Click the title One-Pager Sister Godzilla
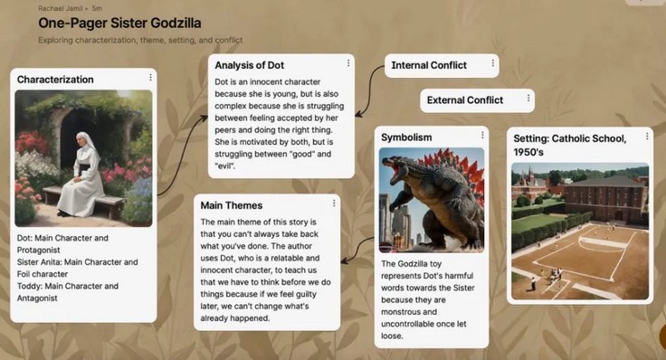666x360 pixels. point(119,23)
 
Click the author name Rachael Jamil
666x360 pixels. point(60,8)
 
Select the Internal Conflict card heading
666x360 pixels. point(429,65)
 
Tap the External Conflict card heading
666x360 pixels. point(465,100)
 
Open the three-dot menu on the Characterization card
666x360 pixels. point(150,77)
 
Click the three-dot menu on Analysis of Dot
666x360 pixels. point(348,62)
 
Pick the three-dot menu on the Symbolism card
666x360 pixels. point(482,135)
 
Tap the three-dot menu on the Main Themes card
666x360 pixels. point(334,204)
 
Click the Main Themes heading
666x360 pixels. point(232,205)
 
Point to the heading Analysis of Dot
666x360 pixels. point(250,65)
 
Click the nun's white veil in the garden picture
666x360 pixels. point(88,146)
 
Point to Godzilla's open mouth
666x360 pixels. point(394,168)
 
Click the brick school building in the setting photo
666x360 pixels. point(605,197)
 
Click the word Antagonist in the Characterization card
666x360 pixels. point(37,298)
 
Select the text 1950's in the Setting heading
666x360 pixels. point(528,152)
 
